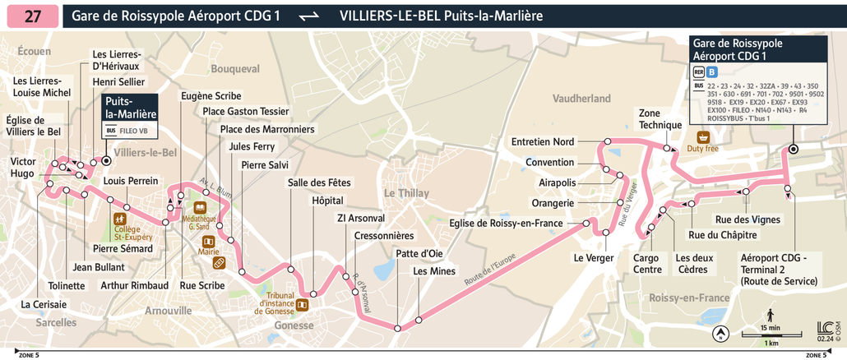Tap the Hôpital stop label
[x=328, y=201]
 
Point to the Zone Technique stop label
[x=661, y=118]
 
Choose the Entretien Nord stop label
[x=543, y=141]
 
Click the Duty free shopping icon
[x=704, y=137]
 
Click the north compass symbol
[x=721, y=335]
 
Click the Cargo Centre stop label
[x=647, y=264]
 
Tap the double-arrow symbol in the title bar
[x=309, y=16]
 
